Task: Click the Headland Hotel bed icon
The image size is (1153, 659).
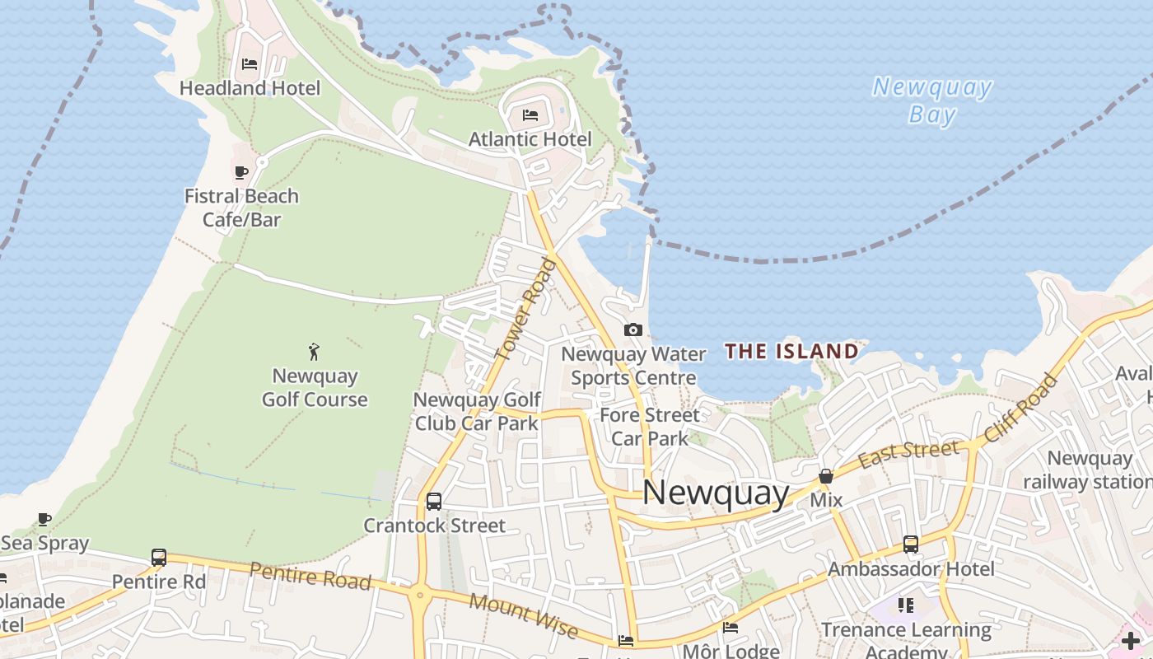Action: pyautogui.click(x=250, y=63)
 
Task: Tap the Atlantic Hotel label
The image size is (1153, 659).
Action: pyautogui.click(x=530, y=139)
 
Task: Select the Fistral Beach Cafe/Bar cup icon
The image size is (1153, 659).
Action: pyautogui.click(x=240, y=172)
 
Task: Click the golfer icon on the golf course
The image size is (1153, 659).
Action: pyautogui.click(x=314, y=352)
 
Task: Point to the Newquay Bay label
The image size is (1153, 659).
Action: pyautogui.click(x=932, y=100)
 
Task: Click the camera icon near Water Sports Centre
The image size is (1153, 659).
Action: pyautogui.click(x=633, y=329)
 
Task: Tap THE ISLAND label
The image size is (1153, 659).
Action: pyautogui.click(x=791, y=352)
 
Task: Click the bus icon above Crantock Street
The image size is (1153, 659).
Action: pyautogui.click(x=433, y=501)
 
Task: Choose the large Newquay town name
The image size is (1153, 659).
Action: pyautogui.click(x=716, y=493)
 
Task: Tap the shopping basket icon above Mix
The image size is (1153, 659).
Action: pyautogui.click(x=825, y=476)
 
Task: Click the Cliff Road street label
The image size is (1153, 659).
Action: pyautogui.click(x=1020, y=408)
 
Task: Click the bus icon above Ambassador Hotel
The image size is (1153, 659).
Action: pyautogui.click(x=910, y=544)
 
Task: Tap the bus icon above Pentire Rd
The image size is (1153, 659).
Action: pyautogui.click(x=159, y=558)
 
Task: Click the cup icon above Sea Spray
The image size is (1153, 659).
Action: pyautogui.click(x=44, y=519)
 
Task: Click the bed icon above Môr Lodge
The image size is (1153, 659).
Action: pyautogui.click(x=730, y=628)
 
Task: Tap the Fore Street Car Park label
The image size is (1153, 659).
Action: pyautogui.click(x=650, y=426)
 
